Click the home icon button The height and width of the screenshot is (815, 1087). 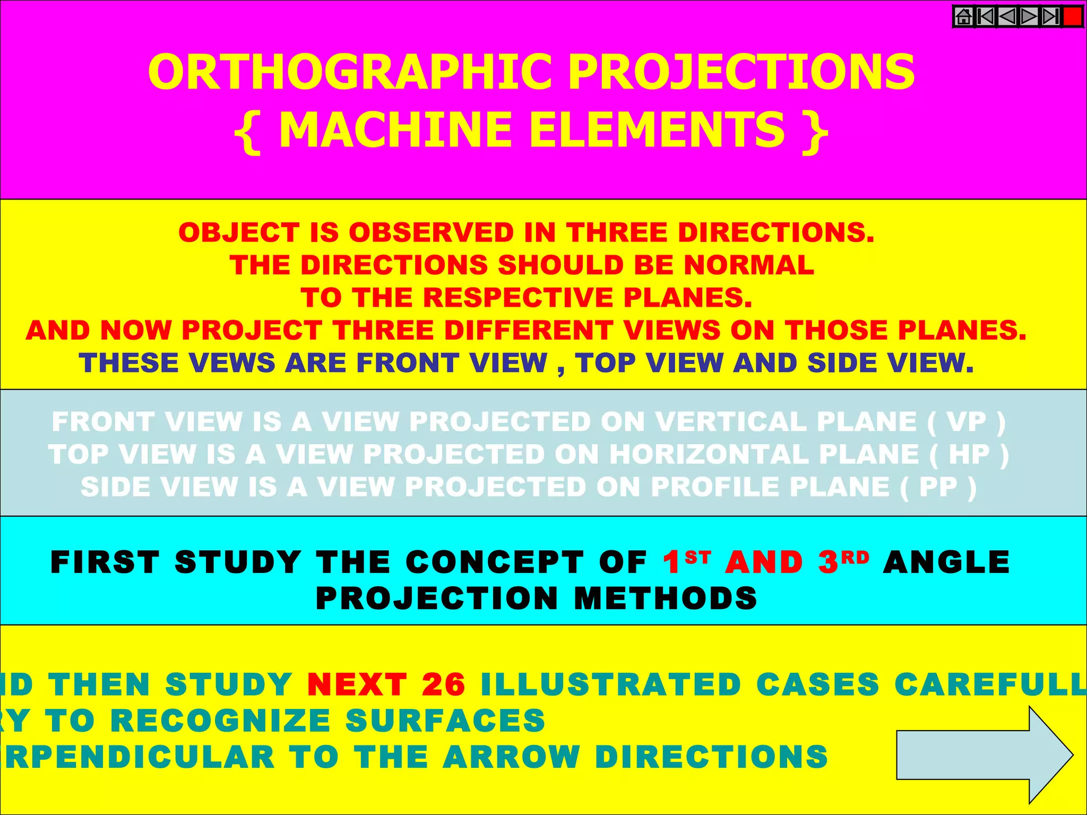pos(964,16)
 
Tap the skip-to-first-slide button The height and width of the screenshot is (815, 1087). pos(986,16)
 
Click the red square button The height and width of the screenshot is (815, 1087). pos(1073,16)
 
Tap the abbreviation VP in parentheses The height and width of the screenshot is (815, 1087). pos(967,422)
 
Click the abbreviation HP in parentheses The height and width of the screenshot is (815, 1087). pos(969,455)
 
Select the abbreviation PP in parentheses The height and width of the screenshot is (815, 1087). pos(938,487)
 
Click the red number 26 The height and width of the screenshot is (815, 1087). pos(444,684)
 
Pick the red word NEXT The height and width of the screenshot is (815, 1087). pos(357,684)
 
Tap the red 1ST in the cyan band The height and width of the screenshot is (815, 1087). pos(686,562)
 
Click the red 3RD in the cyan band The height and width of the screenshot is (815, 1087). pos(843,562)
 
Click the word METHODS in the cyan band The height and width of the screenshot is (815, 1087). pos(666,599)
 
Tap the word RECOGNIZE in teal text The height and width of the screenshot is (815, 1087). pos(221,721)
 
